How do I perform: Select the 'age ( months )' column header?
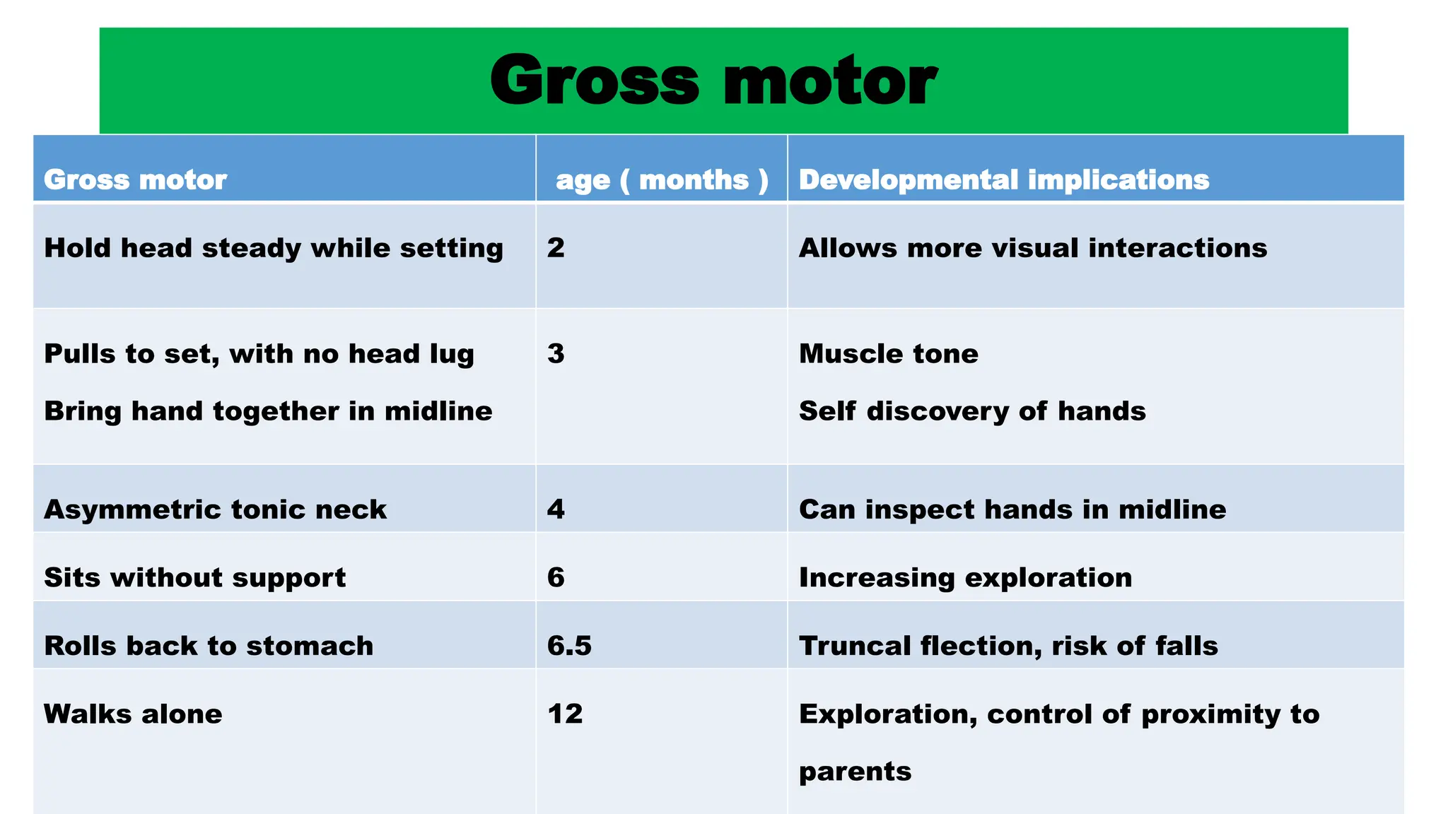[662, 180]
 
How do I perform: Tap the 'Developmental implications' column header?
[1004, 180]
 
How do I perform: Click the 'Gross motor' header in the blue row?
[135, 180]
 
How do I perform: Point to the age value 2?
[556, 248]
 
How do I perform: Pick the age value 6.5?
[569, 646]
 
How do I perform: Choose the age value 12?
[565, 714]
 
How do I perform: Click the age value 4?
[556, 509]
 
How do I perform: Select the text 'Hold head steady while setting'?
[274, 249]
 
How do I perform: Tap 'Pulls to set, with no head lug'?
[259, 354]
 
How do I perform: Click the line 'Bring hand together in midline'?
[268, 411]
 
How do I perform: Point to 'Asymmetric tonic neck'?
[215, 509]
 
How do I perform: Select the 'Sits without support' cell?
[194, 578]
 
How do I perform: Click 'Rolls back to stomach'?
[209, 646]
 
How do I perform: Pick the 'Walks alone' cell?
[133, 714]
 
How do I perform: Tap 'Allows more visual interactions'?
[1033, 248]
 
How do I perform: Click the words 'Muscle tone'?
[889, 354]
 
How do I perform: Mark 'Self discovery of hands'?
[972, 411]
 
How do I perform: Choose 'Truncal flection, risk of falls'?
[1008, 646]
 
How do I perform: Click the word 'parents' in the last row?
[855, 772]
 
